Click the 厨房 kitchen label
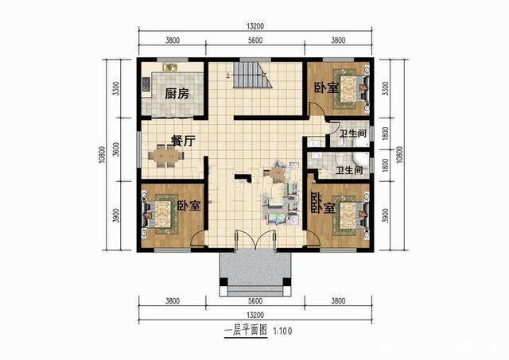coord(177,94)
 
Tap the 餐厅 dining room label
coord(183,141)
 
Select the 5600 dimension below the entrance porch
coord(254,300)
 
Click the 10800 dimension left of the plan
coord(102,156)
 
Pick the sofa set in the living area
coord(274,191)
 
